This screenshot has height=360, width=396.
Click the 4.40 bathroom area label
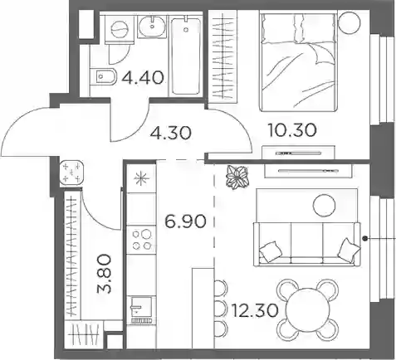point(143,77)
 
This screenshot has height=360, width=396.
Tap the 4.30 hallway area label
point(170,133)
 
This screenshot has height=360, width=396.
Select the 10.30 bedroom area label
point(292,130)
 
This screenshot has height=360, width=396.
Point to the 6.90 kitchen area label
point(185,221)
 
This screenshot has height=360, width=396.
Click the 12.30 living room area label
point(255,310)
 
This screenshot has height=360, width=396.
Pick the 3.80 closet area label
point(104,274)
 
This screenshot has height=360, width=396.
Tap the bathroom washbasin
point(152,27)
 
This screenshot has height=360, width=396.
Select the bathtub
point(186,56)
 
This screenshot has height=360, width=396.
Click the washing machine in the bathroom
point(120,28)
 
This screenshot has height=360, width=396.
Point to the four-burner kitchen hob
point(142,240)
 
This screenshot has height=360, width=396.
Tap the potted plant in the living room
point(237,177)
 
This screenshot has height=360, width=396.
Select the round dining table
point(308,309)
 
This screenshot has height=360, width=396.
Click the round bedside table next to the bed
point(350,22)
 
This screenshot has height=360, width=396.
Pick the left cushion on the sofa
point(269,251)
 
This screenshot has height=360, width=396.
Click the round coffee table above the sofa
point(324,205)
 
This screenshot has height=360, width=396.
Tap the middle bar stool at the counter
point(221,308)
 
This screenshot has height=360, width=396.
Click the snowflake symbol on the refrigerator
point(141,178)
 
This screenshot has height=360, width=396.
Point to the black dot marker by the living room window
point(365,238)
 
